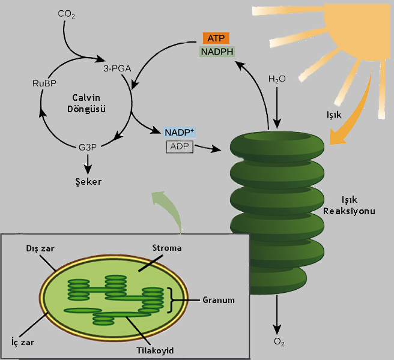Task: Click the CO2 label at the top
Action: click(x=67, y=13)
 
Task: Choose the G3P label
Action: click(x=88, y=146)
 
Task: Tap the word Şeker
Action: click(x=88, y=181)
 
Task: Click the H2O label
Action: click(x=277, y=79)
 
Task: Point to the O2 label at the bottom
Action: click(x=279, y=343)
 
